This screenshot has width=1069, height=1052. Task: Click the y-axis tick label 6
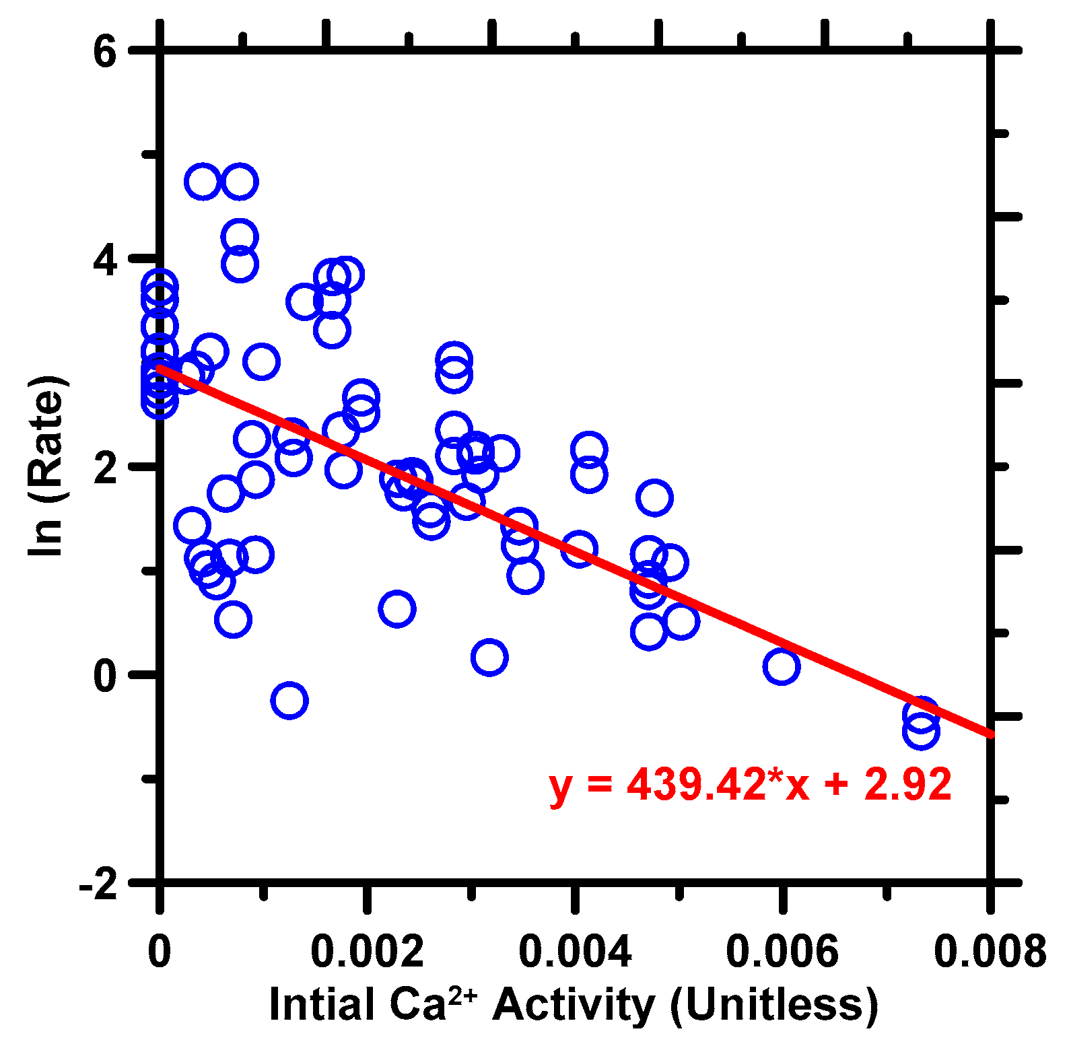pyautogui.click(x=105, y=51)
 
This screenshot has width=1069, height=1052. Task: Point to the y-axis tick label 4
pyautogui.click(x=105, y=259)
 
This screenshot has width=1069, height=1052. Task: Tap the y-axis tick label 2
pyautogui.click(x=105, y=467)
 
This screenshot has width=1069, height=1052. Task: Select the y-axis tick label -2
pyautogui.click(x=98, y=884)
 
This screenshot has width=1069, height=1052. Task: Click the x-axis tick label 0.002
pyautogui.click(x=367, y=951)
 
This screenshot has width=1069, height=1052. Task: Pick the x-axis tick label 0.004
pyautogui.click(x=575, y=951)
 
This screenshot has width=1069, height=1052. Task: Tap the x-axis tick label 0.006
pyautogui.click(x=782, y=951)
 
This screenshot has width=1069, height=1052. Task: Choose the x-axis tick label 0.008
pyautogui.click(x=990, y=951)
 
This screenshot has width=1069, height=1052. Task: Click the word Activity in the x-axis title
pyautogui.click(x=573, y=1005)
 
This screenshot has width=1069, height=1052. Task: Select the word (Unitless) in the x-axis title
pyautogui.click(x=774, y=1005)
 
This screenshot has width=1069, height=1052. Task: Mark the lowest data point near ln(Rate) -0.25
pyautogui.click(x=289, y=700)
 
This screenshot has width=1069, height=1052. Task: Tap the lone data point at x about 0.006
pyautogui.click(x=781, y=666)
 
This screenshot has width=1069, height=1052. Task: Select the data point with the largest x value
pyautogui.click(x=921, y=732)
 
